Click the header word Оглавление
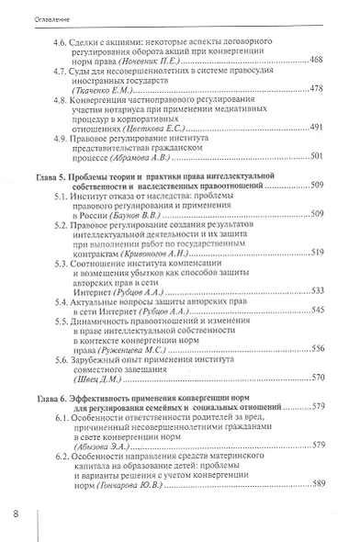[31, 17]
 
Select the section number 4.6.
[62, 42]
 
